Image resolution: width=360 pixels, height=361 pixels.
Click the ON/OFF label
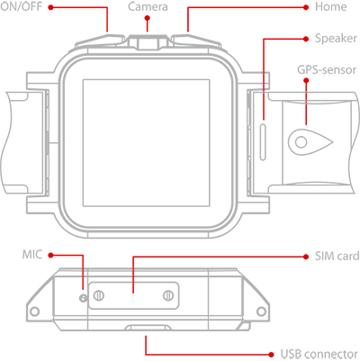click(21, 6)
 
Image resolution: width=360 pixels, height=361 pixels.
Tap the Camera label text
click(148, 6)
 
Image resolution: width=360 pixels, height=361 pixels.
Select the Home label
click(330, 6)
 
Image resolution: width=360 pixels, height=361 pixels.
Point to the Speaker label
click(336, 39)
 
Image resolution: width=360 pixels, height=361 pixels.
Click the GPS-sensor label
click(327, 69)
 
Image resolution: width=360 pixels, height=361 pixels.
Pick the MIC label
click(32, 255)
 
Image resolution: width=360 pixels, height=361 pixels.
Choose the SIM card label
click(337, 257)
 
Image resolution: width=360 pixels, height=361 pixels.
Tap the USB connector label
click(319, 355)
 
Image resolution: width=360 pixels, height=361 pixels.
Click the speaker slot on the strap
click(263, 141)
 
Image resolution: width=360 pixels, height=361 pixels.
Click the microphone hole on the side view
click(83, 298)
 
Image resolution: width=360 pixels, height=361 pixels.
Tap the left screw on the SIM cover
click(98, 295)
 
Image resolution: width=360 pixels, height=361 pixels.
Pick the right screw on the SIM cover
click(168, 295)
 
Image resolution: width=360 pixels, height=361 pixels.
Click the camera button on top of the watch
click(148, 42)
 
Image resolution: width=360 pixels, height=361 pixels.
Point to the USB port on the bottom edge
click(147, 328)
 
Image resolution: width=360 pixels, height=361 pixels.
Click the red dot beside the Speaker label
click(306, 39)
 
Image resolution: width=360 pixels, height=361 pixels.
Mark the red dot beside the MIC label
click(50, 255)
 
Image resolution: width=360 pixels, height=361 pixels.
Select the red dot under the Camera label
click(147, 18)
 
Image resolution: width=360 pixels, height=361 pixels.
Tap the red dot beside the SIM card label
click(306, 257)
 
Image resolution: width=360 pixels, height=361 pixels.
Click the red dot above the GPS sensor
click(306, 80)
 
